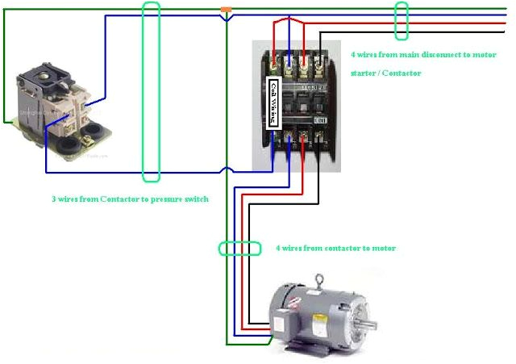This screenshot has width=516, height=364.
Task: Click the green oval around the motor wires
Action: pyautogui.click(x=239, y=249)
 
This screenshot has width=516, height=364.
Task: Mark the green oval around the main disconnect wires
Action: pyautogui.click(x=401, y=20)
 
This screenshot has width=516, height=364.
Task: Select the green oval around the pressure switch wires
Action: pyautogui.click(x=151, y=90)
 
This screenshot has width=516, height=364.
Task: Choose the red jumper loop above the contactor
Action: pyautogui.click(x=289, y=32)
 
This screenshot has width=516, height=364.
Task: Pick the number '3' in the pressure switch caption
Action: pyautogui.click(x=53, y=199)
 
